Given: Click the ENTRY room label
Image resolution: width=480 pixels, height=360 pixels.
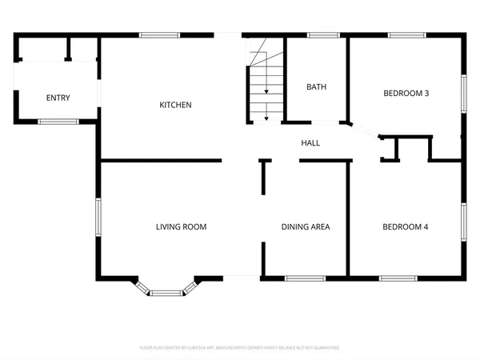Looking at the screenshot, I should click(x=58, y=98).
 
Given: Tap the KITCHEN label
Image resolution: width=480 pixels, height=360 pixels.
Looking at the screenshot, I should click(x=175, y=105).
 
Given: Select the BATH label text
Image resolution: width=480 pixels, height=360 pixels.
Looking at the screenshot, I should click(x=317, y=86).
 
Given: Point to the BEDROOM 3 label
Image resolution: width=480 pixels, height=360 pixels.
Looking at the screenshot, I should click(x=406, y=93).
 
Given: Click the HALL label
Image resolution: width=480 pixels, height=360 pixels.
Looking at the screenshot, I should click(x=310, y=143).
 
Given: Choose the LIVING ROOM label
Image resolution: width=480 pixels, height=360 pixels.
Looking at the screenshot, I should click(x=181, y=227).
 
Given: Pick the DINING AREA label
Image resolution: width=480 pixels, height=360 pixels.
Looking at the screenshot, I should click(x=306, y=227).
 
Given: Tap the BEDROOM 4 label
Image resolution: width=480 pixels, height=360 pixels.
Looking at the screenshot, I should click(x=406, y=227).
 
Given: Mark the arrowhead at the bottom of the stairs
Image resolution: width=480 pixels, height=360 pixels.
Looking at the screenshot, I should click(x=266, y=118).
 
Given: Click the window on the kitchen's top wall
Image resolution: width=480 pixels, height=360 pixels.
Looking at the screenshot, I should click(x=158, y=34).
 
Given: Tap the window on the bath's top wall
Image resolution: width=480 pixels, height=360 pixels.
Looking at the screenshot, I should click(x=323, y=34).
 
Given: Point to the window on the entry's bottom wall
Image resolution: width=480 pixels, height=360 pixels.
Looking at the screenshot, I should click(x=58, y=121).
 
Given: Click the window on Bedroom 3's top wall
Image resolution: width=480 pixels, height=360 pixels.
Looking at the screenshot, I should click(x=406, y=34).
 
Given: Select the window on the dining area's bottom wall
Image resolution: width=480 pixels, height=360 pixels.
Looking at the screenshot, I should click(x=306, y=278).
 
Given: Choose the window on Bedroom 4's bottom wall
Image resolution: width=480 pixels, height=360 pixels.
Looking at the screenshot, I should click(x=398, y=278).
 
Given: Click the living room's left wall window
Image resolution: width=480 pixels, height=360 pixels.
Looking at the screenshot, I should click(x=98, y=218).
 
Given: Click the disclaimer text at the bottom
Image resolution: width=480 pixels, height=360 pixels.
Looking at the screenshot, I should click(x=240, y=348).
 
